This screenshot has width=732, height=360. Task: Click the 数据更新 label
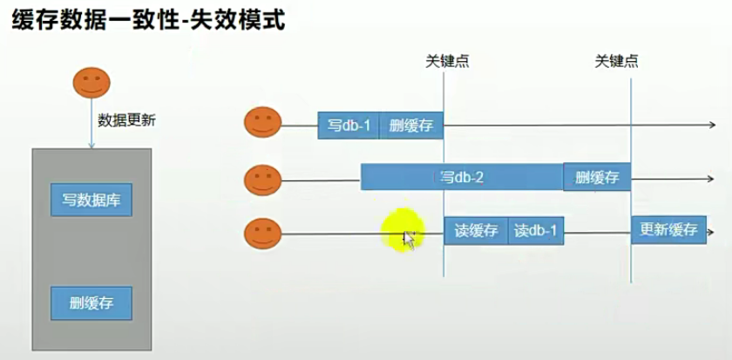pyautogui.click(x=126, y=121)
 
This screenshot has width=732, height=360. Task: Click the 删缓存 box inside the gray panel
pyautogui.click(x=91, y=303)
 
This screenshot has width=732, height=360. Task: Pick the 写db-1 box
pyautogui.click(x=349, y=126)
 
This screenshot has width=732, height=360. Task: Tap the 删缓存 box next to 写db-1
pyautogui.click(x=411, y=126)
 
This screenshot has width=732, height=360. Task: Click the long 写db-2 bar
pyautogui.click(x=462, y=177)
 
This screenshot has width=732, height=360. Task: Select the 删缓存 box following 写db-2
pyautogui.click(x=596, y=177)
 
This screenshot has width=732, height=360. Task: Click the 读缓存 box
pyautogui.click(x=476, y=231)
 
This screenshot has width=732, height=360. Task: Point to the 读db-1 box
pyautogui.click(x=535, y=231)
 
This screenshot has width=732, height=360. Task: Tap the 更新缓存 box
pyautogui.click(x=668, y=230)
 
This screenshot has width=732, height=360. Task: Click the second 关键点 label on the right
pyautogui.click(x=616, y=62)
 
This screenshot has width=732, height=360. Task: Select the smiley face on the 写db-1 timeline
pyautogui.click(x=261, y=123)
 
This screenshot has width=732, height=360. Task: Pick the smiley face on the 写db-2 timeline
pyautogui.click(x=261, y=180)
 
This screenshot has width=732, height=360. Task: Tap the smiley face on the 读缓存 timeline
pyautogui.click(x=261, y=234)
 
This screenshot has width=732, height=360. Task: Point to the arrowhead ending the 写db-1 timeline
pyautogui.click(x=712, y=126)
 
